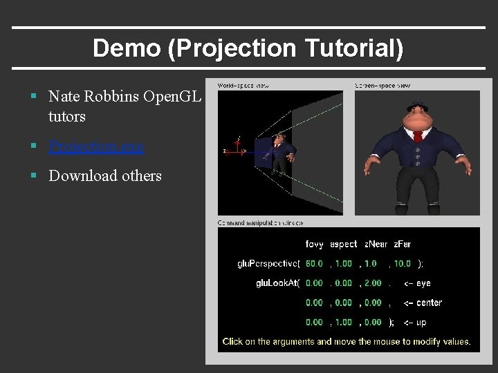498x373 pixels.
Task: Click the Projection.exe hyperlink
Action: [x=96, y=146]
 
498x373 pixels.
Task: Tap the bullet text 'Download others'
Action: [x=104, y=175]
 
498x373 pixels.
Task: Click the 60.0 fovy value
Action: [x=314, y=263]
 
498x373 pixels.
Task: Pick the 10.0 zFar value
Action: [x=403, y=263]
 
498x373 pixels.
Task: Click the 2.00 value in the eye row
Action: [x=372, y=283]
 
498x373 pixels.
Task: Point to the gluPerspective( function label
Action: [x=268, y=263]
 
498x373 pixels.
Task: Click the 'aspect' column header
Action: [x=343, y=244]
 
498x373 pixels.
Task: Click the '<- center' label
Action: [x=423, y=303]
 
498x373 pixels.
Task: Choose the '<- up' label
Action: [x=415, y=322]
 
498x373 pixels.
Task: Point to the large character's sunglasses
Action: [x=417, y=106]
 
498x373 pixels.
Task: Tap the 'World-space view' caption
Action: [x=243, y=86]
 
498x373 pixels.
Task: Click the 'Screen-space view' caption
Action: [x=382, y=86]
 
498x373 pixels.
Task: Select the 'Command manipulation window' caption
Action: [x=261, y=223]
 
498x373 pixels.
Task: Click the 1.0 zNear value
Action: [x=370, y=263]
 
